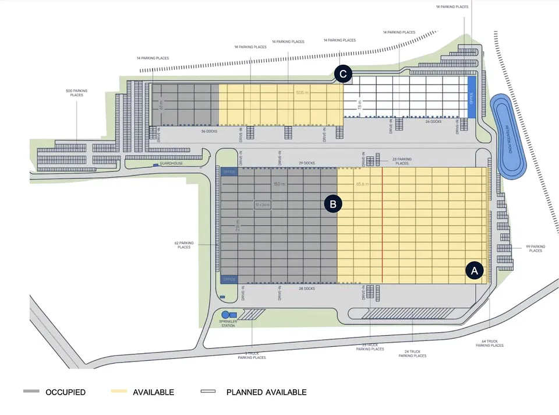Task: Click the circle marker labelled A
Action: click(474, 270)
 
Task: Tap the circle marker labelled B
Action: click(333, 203)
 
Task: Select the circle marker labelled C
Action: click(343, 73)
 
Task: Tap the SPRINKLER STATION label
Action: click(228, 323)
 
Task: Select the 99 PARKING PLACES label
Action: click(535, 249)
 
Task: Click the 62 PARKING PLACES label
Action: click(184, 245)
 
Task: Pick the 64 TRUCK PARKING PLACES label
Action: click(489, 343)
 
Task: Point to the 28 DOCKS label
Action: click(306, 289)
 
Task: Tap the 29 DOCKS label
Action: click(306, 163)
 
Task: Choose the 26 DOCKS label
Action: click(433, 122)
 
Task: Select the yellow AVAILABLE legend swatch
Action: click(119, 392)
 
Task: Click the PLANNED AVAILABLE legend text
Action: click(266, 392)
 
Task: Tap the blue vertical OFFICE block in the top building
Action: click(472, 97)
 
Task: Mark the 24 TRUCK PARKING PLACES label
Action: click(412, 353)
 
